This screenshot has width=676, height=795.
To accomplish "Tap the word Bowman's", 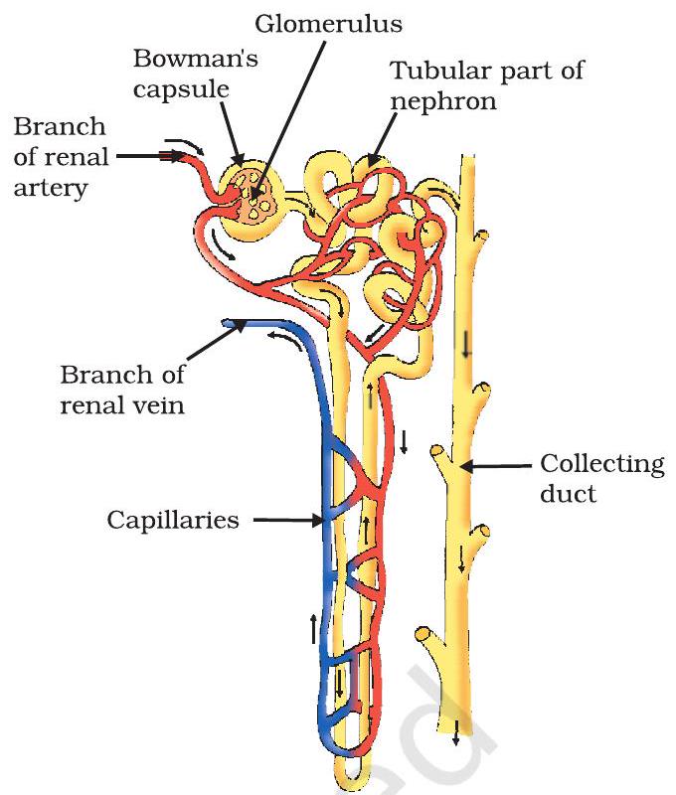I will pyautogui.click(x=196, y=59).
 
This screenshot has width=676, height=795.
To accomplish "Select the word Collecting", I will pyautogui.click(x=601, y=464).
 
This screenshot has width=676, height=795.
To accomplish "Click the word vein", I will pyautogui.click(x=157, y=405).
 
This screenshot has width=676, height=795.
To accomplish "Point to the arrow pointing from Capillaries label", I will pyautogui.click(x=284, y=519).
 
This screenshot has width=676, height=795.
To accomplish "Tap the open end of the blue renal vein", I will pyautogui.click(x=228, y=323).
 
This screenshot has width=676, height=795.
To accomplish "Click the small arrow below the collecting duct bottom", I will pyautogui.click(x=456, y=736).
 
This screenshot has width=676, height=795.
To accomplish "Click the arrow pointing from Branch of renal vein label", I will pyautogui.click(x=213, y=348).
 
